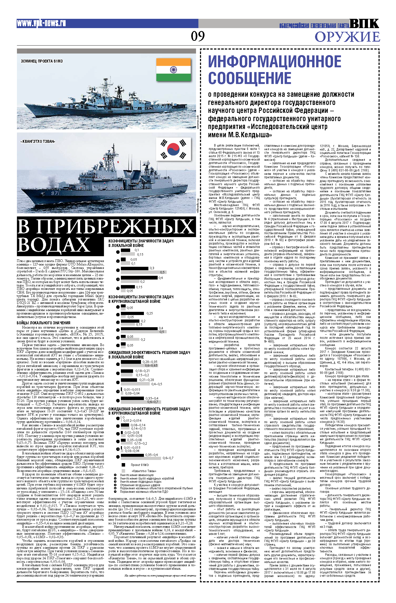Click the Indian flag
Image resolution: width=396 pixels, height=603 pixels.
pyautogui.click(x=174, y=70)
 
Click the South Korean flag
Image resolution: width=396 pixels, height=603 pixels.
pyautogui.click(x=174, y=149)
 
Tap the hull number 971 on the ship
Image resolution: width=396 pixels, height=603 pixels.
pyautogui.click(x=55, y=193)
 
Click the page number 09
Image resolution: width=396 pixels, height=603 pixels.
pyautogui.click(x=198, y=36)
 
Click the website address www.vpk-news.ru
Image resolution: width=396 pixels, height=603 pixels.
pyautogui.click(x=41, y=23)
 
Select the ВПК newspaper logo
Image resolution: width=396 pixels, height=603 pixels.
pyautogui.click(x=364, y=24)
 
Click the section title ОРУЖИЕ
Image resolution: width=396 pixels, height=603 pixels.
pyautogui.click(x=347, y=37)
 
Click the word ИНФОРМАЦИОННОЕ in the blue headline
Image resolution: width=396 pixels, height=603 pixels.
pyautogui.click(x=275, y=62)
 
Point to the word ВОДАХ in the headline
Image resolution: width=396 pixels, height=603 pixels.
pyautogui.click(x=54, y=244)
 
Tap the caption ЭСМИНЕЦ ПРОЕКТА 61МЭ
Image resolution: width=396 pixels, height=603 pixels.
pyautogui.click(x=42, y=61)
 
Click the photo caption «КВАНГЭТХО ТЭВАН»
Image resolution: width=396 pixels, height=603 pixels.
pyautogui.click(x=38, y=141)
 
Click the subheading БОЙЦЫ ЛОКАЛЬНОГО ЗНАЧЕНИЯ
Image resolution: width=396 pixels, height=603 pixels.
pyautogui.click(x=43, y=323)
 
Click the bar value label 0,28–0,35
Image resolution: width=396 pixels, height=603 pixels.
pyautogui.click(x=150, y=362)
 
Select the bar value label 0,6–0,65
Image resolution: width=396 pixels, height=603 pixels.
pyautogui.click(x=151, y=365)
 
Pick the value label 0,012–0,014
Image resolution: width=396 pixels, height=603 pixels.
pyautogui.click(x=132, y=420)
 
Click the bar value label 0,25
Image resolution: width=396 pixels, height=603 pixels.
pyautogui.click(x=149, y=313)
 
